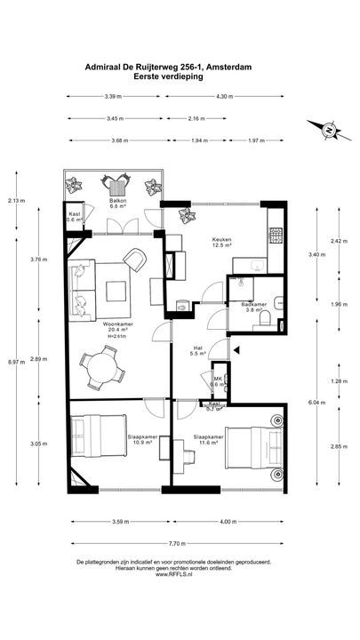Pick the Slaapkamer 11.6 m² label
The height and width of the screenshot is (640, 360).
point(209,436)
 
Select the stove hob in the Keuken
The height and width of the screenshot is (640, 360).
point(276,236)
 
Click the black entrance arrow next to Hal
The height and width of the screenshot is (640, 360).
point(236,351)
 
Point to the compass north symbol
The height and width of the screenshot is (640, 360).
point(328,131)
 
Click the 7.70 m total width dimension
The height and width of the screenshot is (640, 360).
point(178,542)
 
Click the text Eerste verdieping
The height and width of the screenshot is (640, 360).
point(169,76)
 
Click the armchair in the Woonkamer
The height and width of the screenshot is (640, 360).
point(134,259)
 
